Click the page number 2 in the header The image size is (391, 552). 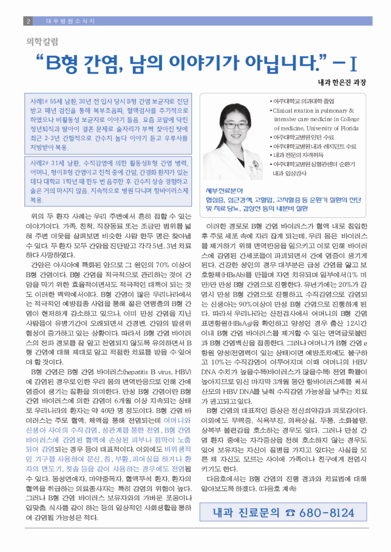[x=28, y=21]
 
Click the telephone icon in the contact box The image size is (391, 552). [x=290, y=513]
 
